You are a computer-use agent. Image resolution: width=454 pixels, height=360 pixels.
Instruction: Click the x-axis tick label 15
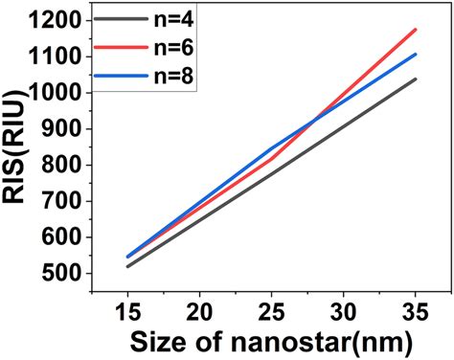pyautogui.click(x=126, y=311)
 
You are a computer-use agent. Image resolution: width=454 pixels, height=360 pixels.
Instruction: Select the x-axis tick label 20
pyautogui.click(x=199, y=311)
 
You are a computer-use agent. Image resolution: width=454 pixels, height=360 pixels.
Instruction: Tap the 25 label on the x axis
pyautogui.click(x=271, y=311)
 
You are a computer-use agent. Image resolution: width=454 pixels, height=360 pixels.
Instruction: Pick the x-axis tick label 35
pyautogui.click(x=416, y=311)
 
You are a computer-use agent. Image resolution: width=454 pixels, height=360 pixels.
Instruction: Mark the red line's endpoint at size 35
pyautogui.click(x=416, y=30)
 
